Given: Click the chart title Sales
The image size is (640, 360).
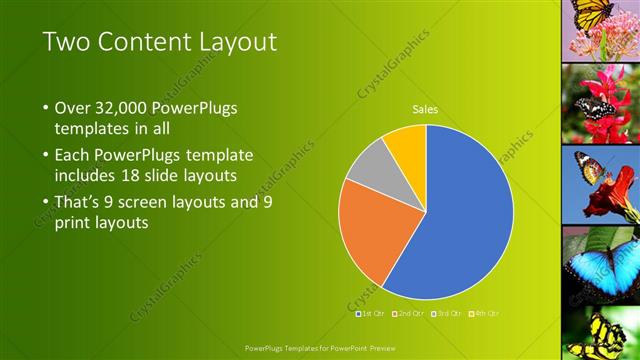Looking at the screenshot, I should pyautogui.click(x=426, y=110).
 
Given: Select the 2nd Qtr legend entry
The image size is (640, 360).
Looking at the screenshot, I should pyautogui.click(x=411, y=313).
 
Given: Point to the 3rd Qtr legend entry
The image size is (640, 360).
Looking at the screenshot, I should pyautogui.click(x=447, y=313).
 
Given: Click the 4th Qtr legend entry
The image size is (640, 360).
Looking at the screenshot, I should pyautogui.click(x=484, y=313).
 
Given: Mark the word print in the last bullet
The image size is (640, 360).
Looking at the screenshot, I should pyautogui.click(x=73, y=224).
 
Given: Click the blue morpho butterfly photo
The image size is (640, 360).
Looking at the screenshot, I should pyautogui.click(x=600, y=265).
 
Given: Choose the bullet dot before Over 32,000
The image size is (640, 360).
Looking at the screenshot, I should pyautogui.click(x=46, y=108).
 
